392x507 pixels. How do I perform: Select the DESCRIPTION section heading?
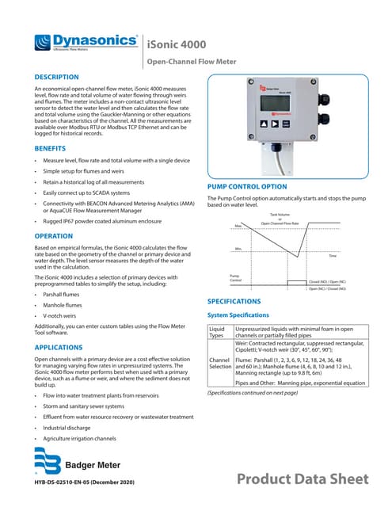point(60,77)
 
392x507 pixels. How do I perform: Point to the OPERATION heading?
point(55,236)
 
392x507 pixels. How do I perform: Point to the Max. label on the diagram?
point(238,227)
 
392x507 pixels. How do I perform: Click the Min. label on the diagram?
point(238,250)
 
